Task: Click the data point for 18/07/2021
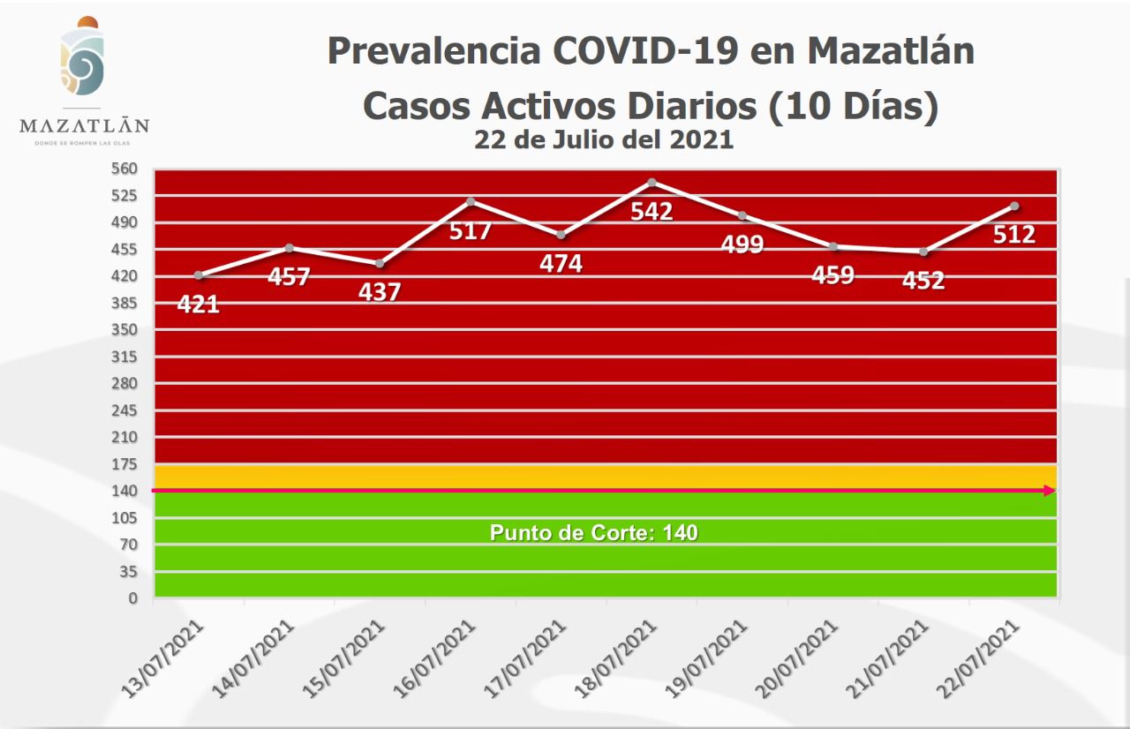point(652,183)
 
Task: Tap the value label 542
point(652,212)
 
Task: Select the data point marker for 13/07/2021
point(199,275)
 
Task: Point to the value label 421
point(199,305)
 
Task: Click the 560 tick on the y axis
point(125,169)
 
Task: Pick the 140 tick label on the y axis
point(125,491)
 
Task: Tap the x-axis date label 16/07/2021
point(439,655)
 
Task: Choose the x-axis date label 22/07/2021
point(983,655)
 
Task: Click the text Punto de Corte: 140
point(594,533)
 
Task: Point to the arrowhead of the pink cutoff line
point(1051,491)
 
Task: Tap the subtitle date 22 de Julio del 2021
point(604,139)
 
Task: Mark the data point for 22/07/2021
point(1015,206)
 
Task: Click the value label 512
point(1014,236)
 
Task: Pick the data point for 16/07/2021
point(471,201)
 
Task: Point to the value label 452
point(923,281)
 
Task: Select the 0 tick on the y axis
point(133,598)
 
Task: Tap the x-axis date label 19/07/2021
point(711,655)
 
